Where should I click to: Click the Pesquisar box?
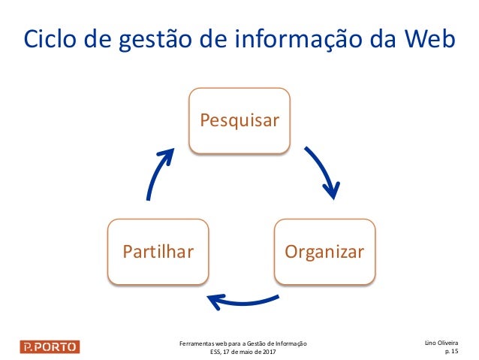tap(239, 120)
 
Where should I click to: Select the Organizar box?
tap(324, 251)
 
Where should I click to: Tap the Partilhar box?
tap(158, 251)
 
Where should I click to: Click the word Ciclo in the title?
tap(49, 41)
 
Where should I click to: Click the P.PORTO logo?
tap(49, 346)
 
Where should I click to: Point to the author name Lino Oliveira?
tap(442, 343)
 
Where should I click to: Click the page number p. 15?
tap(452, 351)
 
